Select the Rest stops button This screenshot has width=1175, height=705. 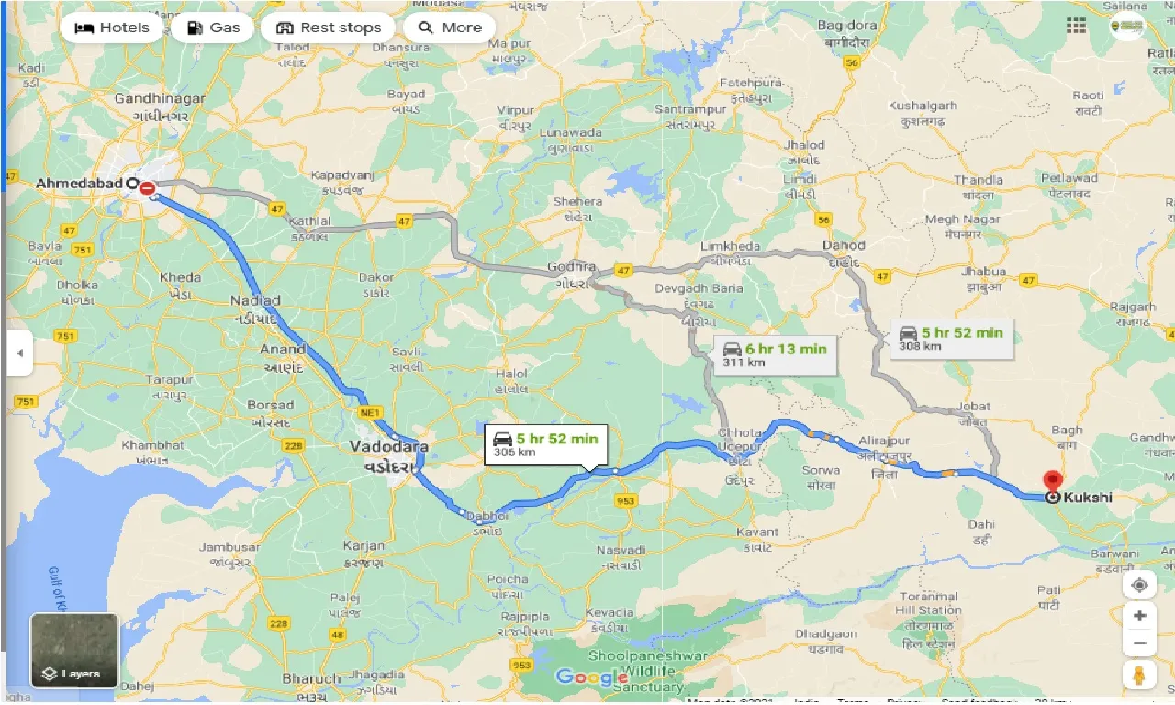(x=328, y=28)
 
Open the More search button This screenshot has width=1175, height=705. (x=449, y=28)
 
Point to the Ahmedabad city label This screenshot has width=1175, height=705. (x=79, y=184)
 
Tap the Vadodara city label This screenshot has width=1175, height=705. (x=387, y=446)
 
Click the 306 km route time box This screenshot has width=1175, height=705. (x=545, y=444)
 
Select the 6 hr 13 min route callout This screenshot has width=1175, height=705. (x=775, y=354)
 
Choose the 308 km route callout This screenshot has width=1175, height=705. (x=951, y=338)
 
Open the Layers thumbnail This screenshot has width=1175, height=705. (x=74, y=650)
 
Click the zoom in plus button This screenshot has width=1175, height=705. (x=1139, y=615)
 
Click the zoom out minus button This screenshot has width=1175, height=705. (x=1139, y=643)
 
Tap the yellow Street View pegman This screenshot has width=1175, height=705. (x=1139, y=676)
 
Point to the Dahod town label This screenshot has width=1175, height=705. (x=843, y=245)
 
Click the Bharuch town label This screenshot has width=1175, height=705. (x=311, y=679)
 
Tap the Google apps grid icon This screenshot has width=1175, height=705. (x=1076, y=26)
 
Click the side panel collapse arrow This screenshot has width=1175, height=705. (x=19, y=352)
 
